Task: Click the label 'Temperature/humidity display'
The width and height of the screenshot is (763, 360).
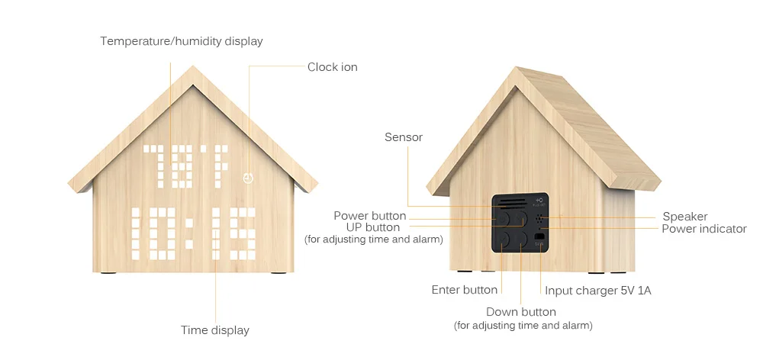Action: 182,41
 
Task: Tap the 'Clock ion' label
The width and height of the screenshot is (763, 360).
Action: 332,67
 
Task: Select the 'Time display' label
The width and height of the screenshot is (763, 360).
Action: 215,330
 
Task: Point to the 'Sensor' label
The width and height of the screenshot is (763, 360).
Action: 404,137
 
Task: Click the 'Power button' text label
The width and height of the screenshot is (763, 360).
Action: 370,216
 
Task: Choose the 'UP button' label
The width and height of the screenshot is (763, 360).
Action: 372,227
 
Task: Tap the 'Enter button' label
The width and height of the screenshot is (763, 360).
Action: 465,290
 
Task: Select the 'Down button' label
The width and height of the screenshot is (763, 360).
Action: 521,312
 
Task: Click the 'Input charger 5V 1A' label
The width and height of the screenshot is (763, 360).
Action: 598,291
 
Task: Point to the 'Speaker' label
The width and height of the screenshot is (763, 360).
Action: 684,217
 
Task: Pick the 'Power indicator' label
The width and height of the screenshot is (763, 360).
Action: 703,229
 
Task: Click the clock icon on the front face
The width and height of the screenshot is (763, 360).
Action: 246,178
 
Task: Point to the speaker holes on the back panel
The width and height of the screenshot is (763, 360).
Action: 541,219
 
